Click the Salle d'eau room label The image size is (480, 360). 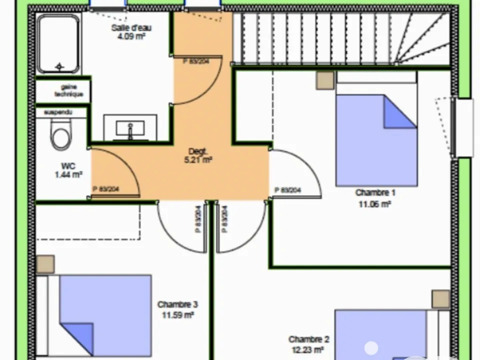[131, 28]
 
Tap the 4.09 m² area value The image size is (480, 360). [131, 36]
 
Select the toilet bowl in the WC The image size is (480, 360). [60, 134]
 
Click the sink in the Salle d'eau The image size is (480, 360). [130, 128]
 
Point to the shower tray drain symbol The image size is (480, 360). [59, 66]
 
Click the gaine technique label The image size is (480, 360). [69, 90]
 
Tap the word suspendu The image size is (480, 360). [58, 112]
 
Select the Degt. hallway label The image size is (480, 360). [198, 151]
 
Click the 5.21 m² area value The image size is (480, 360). [198, 160]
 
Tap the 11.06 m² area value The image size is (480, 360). [375, 204]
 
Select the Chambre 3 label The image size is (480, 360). [177, 304]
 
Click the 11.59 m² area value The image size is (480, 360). [177, 315]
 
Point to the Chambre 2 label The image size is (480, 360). [309, 339]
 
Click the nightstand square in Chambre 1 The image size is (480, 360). [325, 80]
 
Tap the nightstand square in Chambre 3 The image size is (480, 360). [45, 264]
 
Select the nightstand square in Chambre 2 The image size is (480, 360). [441, 299]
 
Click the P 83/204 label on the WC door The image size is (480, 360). [106, 189]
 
